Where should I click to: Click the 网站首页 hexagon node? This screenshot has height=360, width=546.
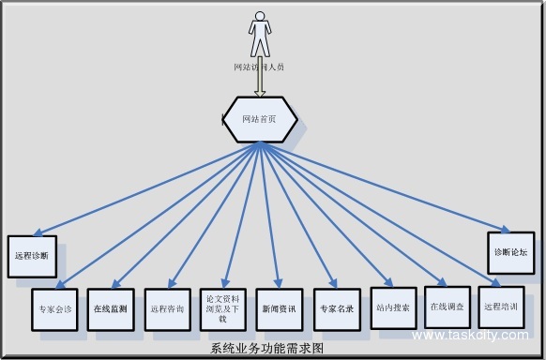260,119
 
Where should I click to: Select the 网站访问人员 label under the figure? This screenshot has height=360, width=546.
259,67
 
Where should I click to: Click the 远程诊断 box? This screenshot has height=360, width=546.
32,254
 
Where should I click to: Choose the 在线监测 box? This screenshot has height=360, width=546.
111,307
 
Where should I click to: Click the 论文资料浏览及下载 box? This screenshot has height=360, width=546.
222,307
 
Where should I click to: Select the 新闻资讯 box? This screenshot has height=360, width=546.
278,307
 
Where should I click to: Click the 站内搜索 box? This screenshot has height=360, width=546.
392,307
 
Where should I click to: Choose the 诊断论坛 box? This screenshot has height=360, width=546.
510,252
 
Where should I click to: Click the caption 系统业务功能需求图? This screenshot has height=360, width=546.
267,348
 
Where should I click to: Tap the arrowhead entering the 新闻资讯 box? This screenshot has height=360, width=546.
278,283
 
